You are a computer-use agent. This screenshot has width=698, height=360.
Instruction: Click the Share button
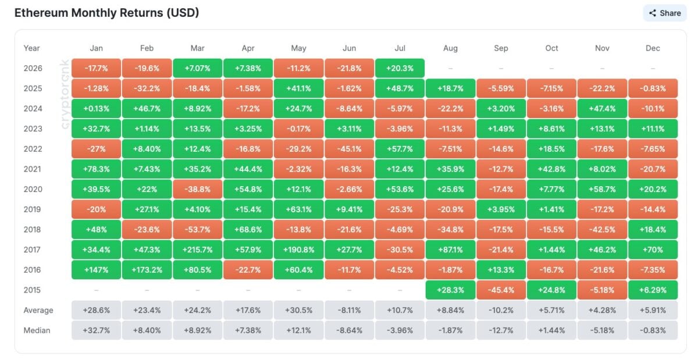[665, 13]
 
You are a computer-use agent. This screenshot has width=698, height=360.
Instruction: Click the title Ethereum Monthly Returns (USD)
[106, 13]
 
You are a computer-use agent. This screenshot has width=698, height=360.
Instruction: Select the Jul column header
[400, 48]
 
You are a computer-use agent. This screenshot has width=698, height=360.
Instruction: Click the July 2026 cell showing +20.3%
[400, 68]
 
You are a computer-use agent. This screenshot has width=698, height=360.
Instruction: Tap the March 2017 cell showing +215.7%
[198, 249]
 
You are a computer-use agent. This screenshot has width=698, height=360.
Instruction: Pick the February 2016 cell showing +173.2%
[147, 270]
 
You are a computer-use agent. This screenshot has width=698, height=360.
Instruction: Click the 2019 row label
[32, 209]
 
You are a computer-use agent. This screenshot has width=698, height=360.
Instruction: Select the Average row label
[38, 310]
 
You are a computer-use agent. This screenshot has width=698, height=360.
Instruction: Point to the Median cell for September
[501, 330]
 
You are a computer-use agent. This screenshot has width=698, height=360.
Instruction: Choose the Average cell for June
[350, 310]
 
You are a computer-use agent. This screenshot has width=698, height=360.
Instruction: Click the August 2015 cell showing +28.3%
[451, 290]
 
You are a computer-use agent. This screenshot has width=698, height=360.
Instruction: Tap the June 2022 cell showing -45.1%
[350, 149]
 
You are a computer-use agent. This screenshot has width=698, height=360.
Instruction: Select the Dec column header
[653, 48]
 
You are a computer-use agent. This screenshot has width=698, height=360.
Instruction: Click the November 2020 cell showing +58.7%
[603, 189]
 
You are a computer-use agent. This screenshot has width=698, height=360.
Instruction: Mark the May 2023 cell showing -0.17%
[298, 129]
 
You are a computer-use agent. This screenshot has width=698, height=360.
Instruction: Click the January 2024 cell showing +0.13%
[97, 109]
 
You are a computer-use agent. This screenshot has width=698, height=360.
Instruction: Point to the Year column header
[31, 48]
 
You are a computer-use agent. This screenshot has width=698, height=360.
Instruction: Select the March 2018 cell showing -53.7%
[198, 229]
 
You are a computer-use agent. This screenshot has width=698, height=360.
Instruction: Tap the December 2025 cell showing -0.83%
[653, 88]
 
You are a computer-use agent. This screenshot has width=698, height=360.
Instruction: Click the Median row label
[37, 330]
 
